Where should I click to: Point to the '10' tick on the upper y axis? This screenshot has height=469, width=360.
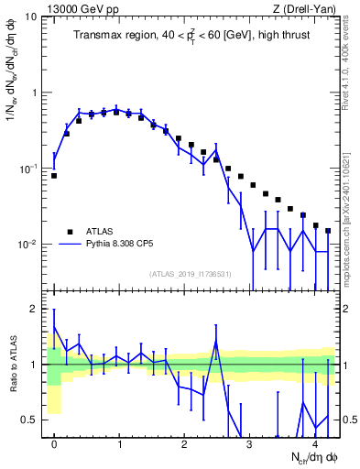click(30, 17)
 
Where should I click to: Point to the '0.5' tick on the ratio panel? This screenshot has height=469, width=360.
click(29, 420)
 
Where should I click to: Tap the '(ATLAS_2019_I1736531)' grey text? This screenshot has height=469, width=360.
click(191, 274)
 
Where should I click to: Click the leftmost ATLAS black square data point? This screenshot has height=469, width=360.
click(54, 175)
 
